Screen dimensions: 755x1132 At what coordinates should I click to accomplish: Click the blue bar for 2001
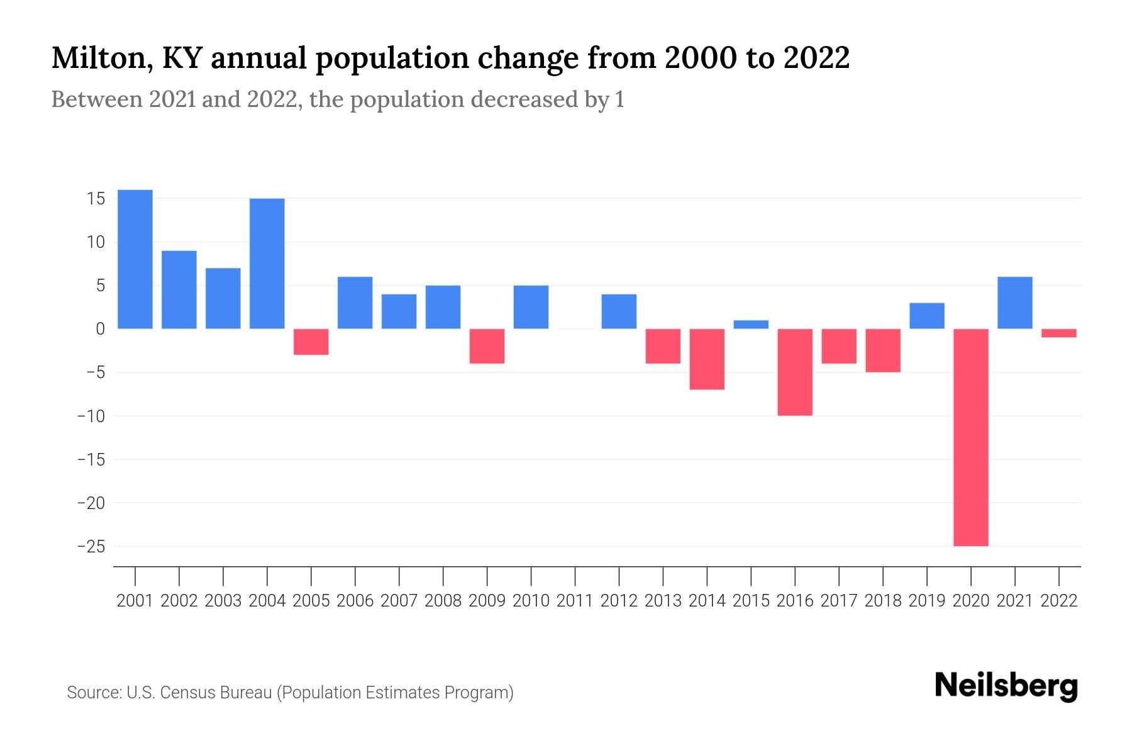click(135, 259)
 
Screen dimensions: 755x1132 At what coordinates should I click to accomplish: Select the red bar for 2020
click(971, 437)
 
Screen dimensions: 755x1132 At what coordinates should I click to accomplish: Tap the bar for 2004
click(267, 264)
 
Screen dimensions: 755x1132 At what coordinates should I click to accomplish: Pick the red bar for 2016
click(795, 372)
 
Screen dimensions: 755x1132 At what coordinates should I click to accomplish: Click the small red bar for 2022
click(1059, 333)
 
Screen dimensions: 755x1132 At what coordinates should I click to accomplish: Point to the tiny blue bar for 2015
click(751, 325)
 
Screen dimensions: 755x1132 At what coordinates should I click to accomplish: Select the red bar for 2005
click(311, 342)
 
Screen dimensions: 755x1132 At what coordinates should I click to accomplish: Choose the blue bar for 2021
click(1015, 303)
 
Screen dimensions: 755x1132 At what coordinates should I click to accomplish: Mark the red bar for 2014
click(707, 359)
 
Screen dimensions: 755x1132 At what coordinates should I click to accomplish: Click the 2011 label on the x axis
click(575, 601)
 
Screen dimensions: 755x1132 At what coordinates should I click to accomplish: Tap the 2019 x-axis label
click(927, 601)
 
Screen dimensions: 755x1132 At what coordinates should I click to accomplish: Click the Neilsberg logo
click(1006, 686)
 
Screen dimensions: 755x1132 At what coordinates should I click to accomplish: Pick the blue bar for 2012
click(619, 311)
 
